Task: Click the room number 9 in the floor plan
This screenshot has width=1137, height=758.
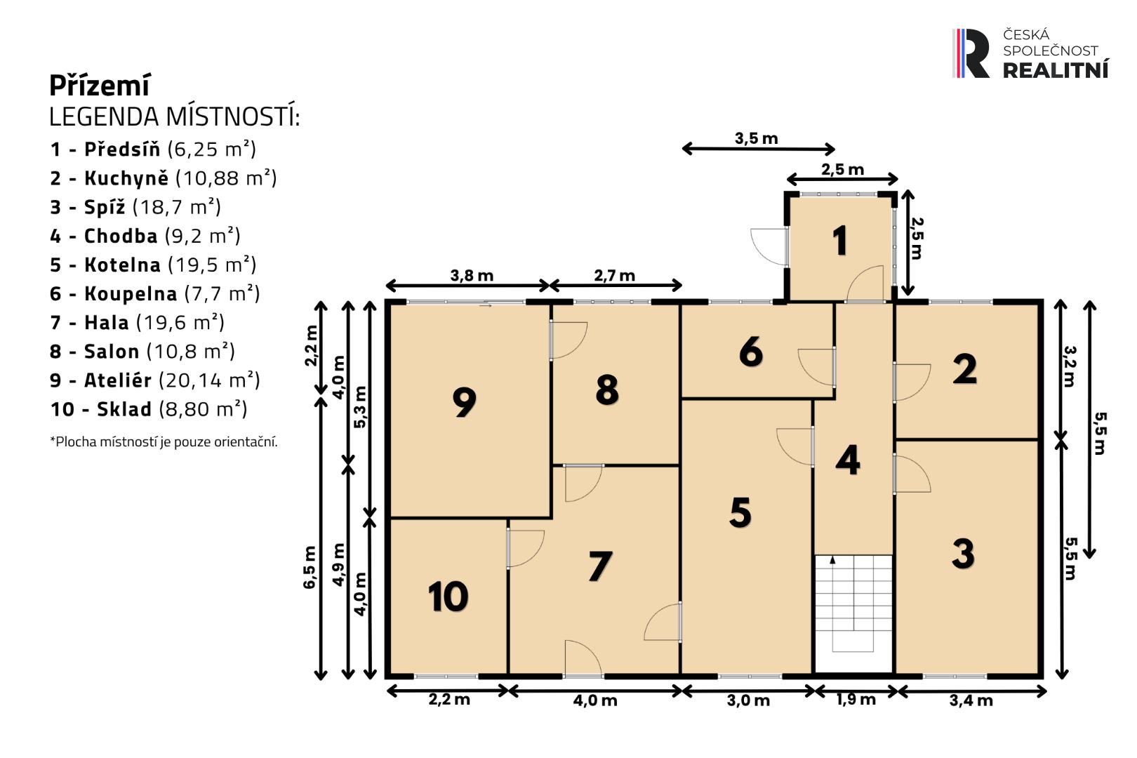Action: [465, 402]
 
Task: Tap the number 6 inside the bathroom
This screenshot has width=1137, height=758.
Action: [751, 351]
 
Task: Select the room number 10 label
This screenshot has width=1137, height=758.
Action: [448, 597]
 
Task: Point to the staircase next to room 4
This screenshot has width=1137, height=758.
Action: [853, 613]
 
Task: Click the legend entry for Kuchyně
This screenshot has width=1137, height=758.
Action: [163, 178]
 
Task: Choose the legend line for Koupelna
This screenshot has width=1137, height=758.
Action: [155, 293]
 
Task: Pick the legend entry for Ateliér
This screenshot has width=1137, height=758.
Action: [155, 380]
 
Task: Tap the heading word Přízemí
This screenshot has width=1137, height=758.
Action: [100, 86]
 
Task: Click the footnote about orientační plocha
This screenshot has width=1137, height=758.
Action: [164, 441]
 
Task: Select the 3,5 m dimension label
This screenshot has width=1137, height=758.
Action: [757, 138]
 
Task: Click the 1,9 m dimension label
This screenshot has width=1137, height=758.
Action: [856, 700]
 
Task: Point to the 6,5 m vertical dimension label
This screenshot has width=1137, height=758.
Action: [310, 567]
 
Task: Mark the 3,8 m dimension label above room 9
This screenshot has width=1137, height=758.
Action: [472, 276]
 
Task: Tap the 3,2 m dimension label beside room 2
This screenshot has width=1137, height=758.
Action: [1070, 366]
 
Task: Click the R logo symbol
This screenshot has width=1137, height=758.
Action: [971, 53]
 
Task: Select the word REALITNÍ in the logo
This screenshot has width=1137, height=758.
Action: [1056, 70]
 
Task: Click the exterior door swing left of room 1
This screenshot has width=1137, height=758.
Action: [769, 247]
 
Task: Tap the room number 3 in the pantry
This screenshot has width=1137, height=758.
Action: [963, 553]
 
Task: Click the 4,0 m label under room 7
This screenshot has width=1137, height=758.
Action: [595, 700]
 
